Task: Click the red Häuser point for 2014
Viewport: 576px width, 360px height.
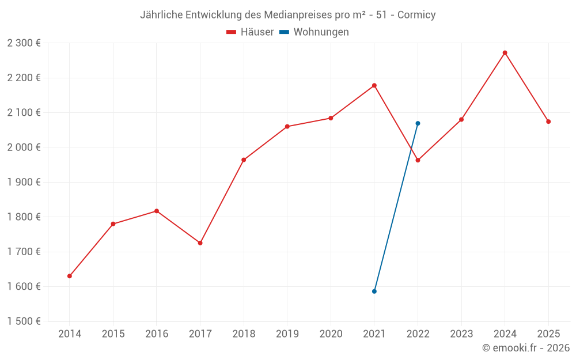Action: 70,276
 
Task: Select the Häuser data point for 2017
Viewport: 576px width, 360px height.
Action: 200,243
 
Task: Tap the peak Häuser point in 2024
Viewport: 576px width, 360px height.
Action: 505,53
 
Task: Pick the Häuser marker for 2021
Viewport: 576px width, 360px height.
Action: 374,85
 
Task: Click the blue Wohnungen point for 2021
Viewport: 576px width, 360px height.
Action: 374,291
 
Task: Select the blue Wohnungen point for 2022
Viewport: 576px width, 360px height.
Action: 418,123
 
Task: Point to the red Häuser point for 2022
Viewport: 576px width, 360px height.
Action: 418,160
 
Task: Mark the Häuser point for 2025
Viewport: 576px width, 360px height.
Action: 548,122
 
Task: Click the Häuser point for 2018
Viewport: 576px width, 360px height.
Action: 244,160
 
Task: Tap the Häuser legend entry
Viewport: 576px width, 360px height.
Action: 251,32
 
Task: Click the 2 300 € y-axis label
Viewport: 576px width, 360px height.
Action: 24,43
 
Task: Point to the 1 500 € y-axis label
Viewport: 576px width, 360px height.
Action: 24,321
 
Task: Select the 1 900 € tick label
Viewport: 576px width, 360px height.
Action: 24,182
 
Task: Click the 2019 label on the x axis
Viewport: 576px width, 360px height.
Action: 287,334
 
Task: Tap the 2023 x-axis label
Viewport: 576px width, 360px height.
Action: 461,334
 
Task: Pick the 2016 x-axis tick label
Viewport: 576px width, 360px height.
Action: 157,334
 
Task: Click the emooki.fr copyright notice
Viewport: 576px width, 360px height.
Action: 525,348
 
